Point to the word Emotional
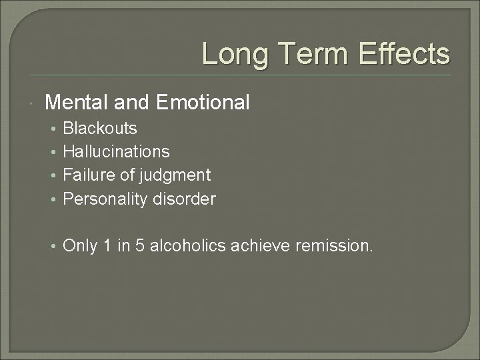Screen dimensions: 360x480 pos(203,102)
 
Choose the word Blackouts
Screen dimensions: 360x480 pos(100,128)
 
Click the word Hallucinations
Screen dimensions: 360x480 pos(116,151)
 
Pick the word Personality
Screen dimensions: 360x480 pos(103,199)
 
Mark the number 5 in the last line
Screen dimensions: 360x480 pos(138,247)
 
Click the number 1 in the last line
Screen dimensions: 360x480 pos(107,247)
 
